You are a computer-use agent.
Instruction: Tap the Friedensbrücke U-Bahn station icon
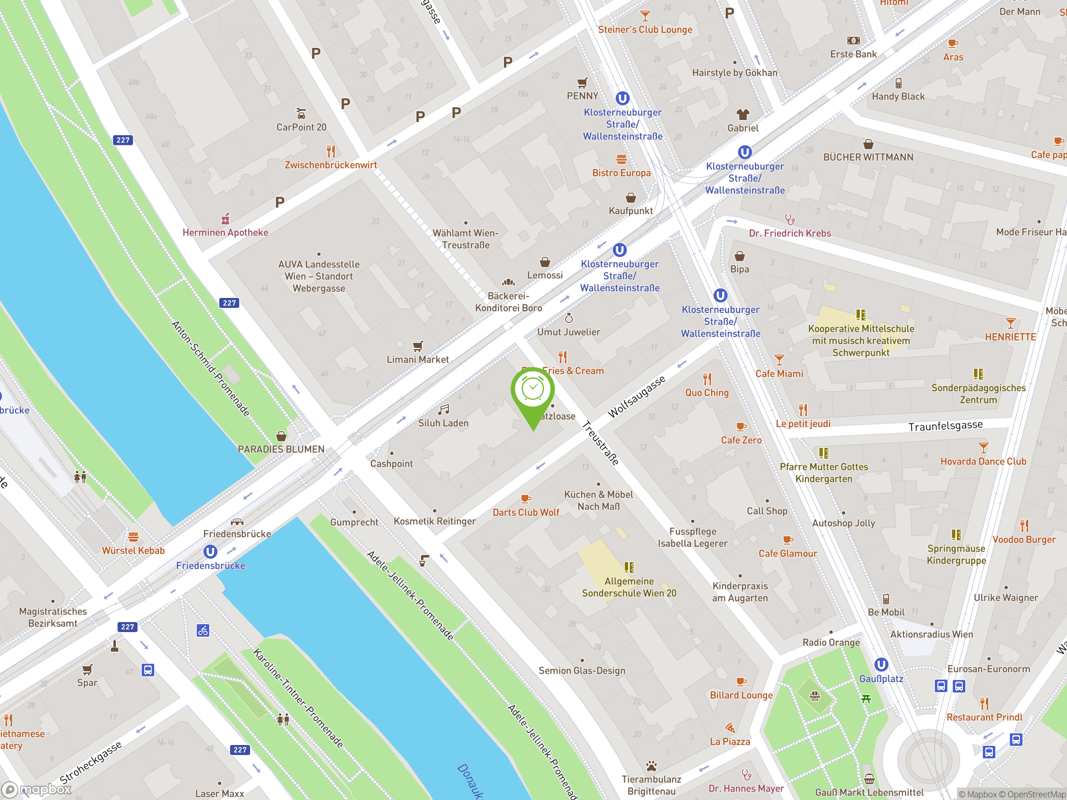click(x=210, y=551)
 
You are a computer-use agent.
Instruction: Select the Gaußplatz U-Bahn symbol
click(x=881, y=665)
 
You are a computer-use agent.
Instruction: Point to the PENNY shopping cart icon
click(x=582, y=83)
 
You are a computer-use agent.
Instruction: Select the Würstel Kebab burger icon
click(x=133, y=537)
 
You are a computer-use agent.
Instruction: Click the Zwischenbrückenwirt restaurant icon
click(x=331, y=151)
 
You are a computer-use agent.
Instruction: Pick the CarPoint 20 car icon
click(x=301, y=114)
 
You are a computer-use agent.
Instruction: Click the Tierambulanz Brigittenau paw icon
click(x=651, y=766)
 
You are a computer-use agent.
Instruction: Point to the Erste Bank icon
click(x=853, y=40)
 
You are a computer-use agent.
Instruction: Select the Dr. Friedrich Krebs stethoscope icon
click(x=790, y=220)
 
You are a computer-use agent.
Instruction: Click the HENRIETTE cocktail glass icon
click(x=1010, y=323)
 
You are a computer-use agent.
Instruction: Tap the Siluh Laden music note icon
click(x=443, y=410)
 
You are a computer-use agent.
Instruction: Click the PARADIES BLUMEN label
click(x=281, y=449)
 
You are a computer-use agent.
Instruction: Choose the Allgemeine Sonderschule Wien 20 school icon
click(x=629, y=567)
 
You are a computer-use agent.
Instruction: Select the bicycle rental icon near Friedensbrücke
click(x=203, y=630)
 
